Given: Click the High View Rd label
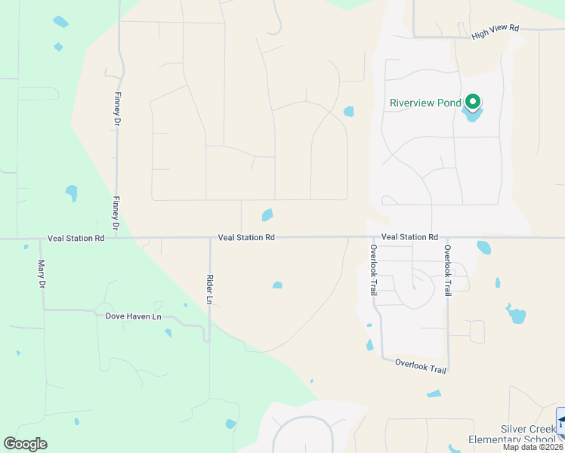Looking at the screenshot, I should click(496, 32).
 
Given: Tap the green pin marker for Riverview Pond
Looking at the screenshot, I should click(474, 101).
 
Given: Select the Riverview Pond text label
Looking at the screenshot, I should click(425, 103).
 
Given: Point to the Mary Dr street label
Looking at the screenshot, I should click(42, 273).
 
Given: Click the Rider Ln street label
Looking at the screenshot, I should click(210, 289).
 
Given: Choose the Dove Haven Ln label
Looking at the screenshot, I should click(134, 316).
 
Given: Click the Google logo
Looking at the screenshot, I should click(25, 444).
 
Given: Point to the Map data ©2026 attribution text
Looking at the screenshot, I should click(533, 448).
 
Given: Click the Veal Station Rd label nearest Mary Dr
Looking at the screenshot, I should click(76, 238).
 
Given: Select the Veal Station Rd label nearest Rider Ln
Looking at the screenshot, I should click(245, 237).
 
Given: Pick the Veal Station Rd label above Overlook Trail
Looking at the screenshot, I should click(409, 237).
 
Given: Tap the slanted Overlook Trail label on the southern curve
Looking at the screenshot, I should click(421, 366).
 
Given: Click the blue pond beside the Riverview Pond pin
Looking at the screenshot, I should click(473, 116).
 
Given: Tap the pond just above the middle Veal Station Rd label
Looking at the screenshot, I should click(267, 215).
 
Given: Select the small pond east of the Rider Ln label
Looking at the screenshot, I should click(277, 285).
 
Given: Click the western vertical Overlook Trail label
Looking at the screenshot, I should click(373, 270).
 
